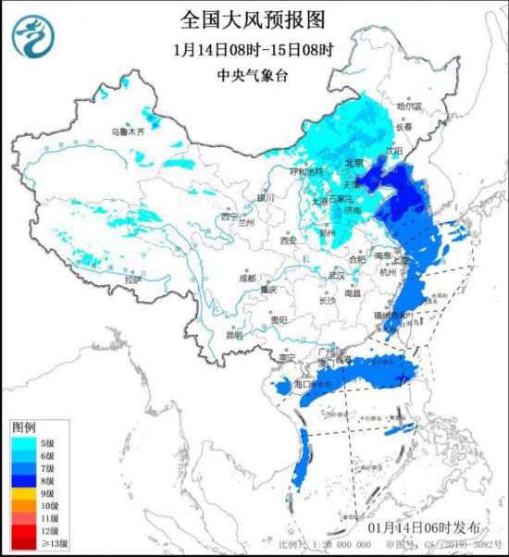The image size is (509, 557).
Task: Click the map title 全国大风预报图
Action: pyautogui.click(x=254, y=19)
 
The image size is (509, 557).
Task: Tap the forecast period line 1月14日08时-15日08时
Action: pyautogui.click(x=254, y=48)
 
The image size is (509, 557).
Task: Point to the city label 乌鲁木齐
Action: pyautogui.click(x=128, y=132)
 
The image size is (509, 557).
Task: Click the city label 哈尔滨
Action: pyautogui.click(x=409, y=107)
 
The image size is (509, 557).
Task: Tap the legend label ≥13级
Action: pyautogui.click(x=51, y=543)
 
